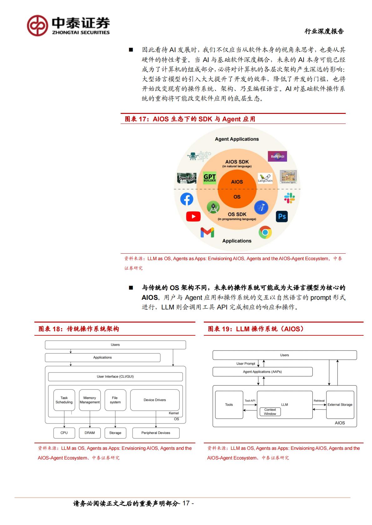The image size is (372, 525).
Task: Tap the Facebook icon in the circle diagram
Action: [x=187, y=199]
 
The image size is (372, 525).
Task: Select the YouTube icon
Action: [x=193, y=216]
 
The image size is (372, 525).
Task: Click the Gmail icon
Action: [x=207, y=232]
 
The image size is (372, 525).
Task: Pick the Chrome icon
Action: [x=265, y=232]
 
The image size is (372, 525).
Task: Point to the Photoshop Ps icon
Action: [x=282, y=216]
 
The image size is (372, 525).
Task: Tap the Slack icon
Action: [x=289, y=198]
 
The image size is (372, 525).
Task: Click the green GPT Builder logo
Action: [x=210, y=178]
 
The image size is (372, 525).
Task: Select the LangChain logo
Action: [x=265, y=178]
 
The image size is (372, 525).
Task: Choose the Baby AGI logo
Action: [x=277, y=156]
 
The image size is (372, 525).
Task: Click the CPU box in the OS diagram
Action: [x=64, y=433]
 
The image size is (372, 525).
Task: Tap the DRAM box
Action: [x=90, y=433]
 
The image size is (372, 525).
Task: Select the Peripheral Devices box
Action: [x=156, y=433]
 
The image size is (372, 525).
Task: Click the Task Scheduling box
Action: [x=64, y=400]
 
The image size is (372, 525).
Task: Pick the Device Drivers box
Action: [x=155, y=400]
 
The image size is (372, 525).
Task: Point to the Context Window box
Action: [x=270, y=412]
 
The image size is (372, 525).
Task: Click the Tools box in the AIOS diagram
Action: [x=229, y=405]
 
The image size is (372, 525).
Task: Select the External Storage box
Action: [x=340, y=405]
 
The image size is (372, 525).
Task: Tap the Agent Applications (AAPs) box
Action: [x=262, y=372]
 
